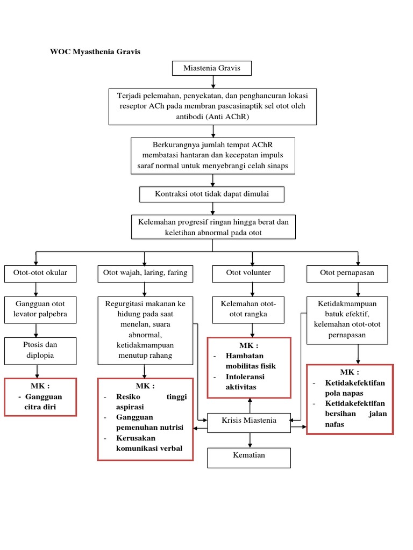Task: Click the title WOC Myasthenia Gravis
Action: coord(95,52)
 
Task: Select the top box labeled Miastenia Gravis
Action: coord(211,68)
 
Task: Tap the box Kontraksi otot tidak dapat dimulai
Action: coord(212,194)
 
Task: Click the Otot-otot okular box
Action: coord(40,273)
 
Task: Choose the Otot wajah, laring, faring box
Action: coord(145,273)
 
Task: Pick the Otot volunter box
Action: coord(248,273)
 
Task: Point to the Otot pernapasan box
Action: coord(347,273)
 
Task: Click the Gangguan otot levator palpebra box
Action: coord(40,309)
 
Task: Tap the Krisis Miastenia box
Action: coord(249,421)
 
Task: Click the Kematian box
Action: coord(249,455)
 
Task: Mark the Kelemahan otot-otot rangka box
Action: coord(248,309)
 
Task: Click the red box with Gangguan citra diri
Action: coord(40,397)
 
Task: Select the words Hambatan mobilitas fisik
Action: coord(252,361)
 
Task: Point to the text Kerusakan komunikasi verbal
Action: coord(149,444)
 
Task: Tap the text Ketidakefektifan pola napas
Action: coord(355,388)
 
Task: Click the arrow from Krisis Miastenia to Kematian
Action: coord(249,440)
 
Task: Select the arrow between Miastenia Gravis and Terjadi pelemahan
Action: coord(214,82)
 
